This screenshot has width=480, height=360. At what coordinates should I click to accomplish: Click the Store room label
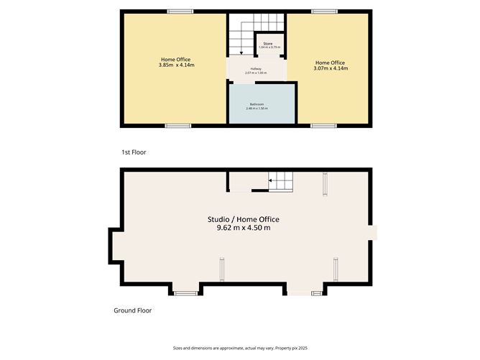[x=268, y=44]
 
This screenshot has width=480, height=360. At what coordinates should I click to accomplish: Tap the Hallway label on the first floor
[x=257, y=68]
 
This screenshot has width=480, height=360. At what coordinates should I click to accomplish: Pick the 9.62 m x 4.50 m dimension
[x=243, y=228]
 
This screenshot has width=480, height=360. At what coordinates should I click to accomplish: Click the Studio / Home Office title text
[x=243, y=219]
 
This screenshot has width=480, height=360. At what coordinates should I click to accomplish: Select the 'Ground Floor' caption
[x=132, y=311]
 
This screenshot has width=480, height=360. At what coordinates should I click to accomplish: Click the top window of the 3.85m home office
[x=180, y=11]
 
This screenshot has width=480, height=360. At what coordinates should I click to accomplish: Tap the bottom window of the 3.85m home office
[x=177, y=126]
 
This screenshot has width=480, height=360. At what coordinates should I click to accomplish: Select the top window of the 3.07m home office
[x=324, y=11]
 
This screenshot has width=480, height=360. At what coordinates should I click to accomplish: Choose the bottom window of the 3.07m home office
[x=323, y=126]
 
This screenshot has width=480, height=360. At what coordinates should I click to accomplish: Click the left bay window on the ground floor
[x=186, y=293]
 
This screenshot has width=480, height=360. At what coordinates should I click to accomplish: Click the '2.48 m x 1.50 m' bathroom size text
[x=257, y=109]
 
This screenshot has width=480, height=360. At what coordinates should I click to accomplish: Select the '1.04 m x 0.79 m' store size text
[x=268, y=48]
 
